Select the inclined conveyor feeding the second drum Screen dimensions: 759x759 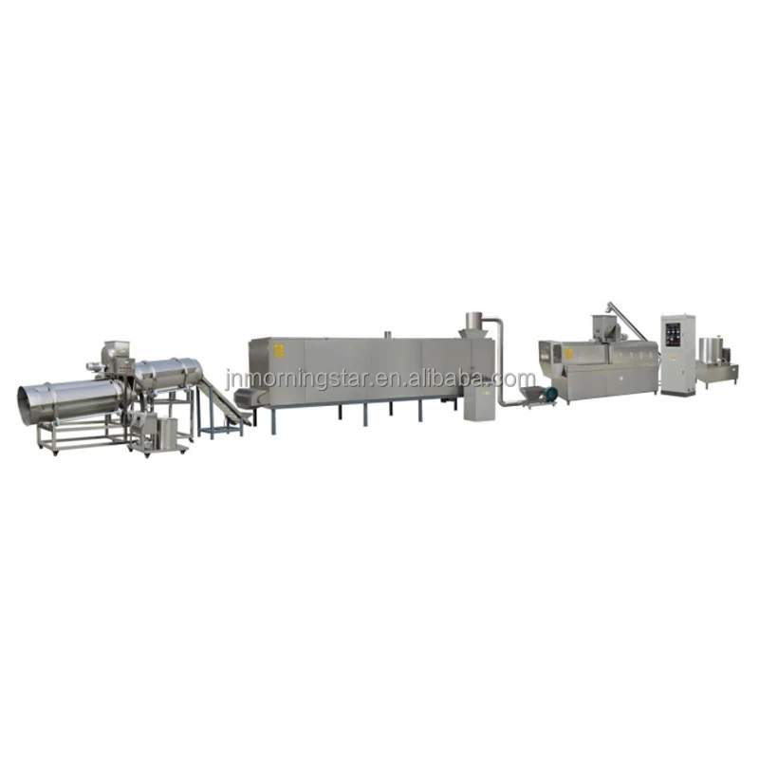click(x=221, y=403)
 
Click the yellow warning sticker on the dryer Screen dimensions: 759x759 click(x=280, y=351)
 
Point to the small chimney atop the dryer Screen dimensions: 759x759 click(x=385, y=335)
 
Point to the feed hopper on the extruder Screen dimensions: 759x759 click(x=602, y=328)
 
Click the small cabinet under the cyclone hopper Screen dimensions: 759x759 click(x=473, y=403)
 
